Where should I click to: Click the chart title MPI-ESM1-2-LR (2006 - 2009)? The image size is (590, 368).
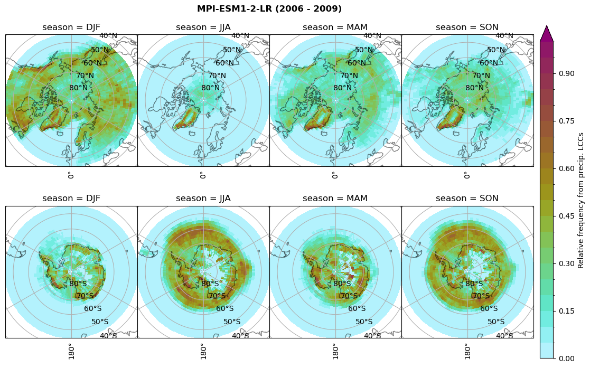tap(269, 9)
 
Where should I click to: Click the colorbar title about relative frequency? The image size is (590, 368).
tap(581, 193)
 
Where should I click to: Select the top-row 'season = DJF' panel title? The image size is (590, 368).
tap(71, 27)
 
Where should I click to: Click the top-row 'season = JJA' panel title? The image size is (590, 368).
tap(203, 27)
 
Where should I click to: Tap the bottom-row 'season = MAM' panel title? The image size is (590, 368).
tap(335, 199)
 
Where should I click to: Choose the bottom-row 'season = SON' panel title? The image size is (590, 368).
tap(467, 199)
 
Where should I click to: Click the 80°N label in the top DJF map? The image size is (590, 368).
tap(78, 88)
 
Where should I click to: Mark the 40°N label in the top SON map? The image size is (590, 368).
tap(504, 36)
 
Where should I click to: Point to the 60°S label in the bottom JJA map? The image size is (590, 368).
tap(225, 309)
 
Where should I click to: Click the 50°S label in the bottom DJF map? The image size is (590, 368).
tap(100, 322)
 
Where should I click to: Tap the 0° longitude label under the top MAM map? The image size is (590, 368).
tap(334, 175)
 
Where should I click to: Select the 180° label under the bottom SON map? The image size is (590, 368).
tap(466, 351)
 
